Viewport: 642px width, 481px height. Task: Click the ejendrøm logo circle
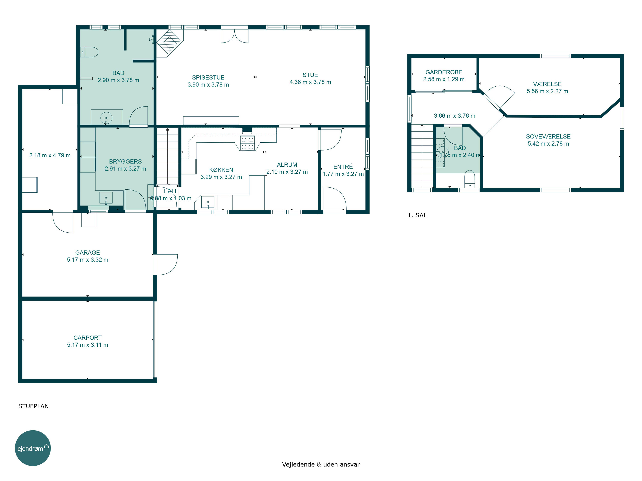pos(33,448)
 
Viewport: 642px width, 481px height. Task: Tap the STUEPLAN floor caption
pos(33,406)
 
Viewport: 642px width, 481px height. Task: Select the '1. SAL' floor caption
pos(417,215)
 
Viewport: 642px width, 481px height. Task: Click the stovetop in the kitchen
pos(247,143)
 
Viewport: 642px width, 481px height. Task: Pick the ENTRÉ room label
pos(343,167)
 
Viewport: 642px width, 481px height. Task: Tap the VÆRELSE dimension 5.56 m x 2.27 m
pos(547,91)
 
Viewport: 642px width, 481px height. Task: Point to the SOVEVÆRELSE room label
pos(548,136)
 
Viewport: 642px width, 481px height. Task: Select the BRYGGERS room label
pos(125,161)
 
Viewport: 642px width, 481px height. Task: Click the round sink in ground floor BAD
pos(106,118)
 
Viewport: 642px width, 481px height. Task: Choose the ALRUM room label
pos(287,165)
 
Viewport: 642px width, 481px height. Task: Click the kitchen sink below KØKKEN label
pos(208,202)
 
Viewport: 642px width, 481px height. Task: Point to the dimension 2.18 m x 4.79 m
pos(50,155)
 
